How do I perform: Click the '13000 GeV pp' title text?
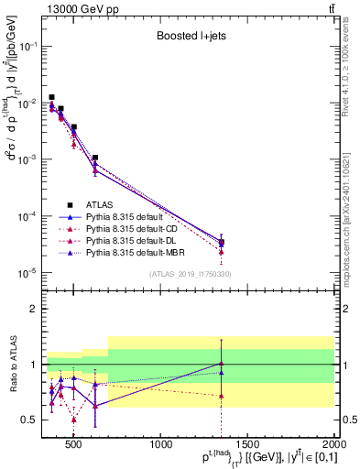tap(78, 9)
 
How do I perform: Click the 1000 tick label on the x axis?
tap(162, 446)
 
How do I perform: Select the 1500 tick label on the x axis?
tap(249, 446)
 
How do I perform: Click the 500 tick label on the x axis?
tap(75, 446)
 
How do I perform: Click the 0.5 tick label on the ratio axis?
tap(29, 420)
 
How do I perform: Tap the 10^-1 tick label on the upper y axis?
tap(27, 46)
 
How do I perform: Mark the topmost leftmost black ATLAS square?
tap(52, 97)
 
